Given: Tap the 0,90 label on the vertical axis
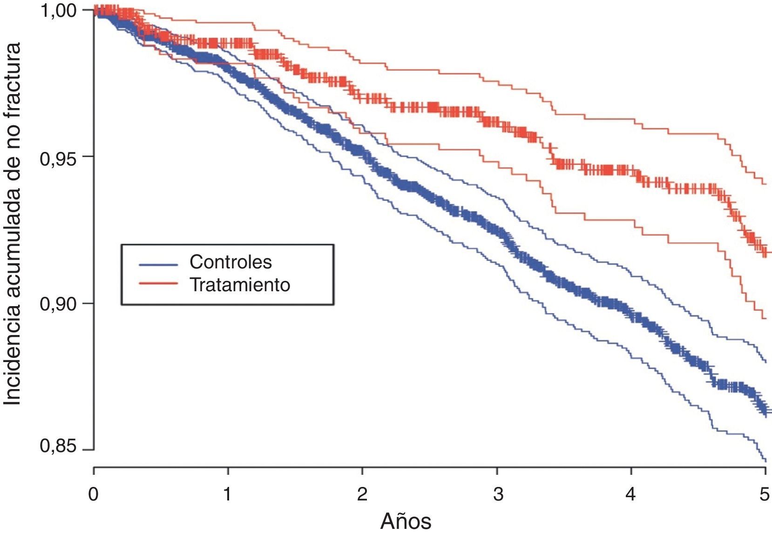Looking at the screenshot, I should tap(58, 304).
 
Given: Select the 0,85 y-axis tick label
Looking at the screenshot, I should tap(58, 446).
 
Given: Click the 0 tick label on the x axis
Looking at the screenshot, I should tap(94, 494).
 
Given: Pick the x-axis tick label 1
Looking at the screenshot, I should tap(227, 494).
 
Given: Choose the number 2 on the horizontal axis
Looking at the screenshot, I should tap(362, 494).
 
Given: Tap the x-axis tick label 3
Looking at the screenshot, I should tap(498, 494).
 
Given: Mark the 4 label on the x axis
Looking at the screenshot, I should tap(630, 494).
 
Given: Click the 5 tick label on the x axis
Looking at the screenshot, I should tap(765, 494).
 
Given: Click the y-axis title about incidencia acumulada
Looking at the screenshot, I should tap(13, 224).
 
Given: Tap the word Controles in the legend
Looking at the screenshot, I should tap(230, 262).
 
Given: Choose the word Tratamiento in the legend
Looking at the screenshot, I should tap(240, 285).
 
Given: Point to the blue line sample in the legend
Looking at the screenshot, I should tap(158, 264).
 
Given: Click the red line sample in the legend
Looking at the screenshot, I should tap(158, 283).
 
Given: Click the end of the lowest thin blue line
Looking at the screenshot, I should tap(766, 461).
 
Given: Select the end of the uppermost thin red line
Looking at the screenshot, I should tap(766, 184).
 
